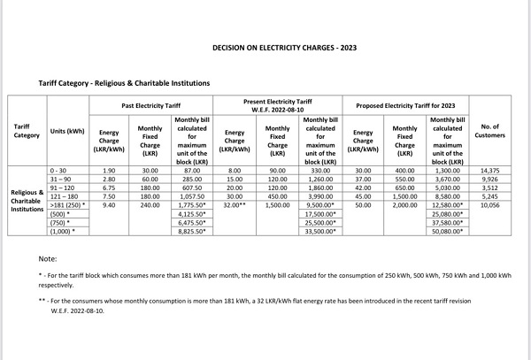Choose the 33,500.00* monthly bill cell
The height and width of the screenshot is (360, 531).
[x=320, y=232]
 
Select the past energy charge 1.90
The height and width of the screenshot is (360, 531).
[x=109, y=169]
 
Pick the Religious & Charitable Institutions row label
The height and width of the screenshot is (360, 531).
[x=27, y=201]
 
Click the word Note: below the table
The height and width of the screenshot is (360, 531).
[x=48, y=258]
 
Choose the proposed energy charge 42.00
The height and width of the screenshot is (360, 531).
[x=363, y=188]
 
